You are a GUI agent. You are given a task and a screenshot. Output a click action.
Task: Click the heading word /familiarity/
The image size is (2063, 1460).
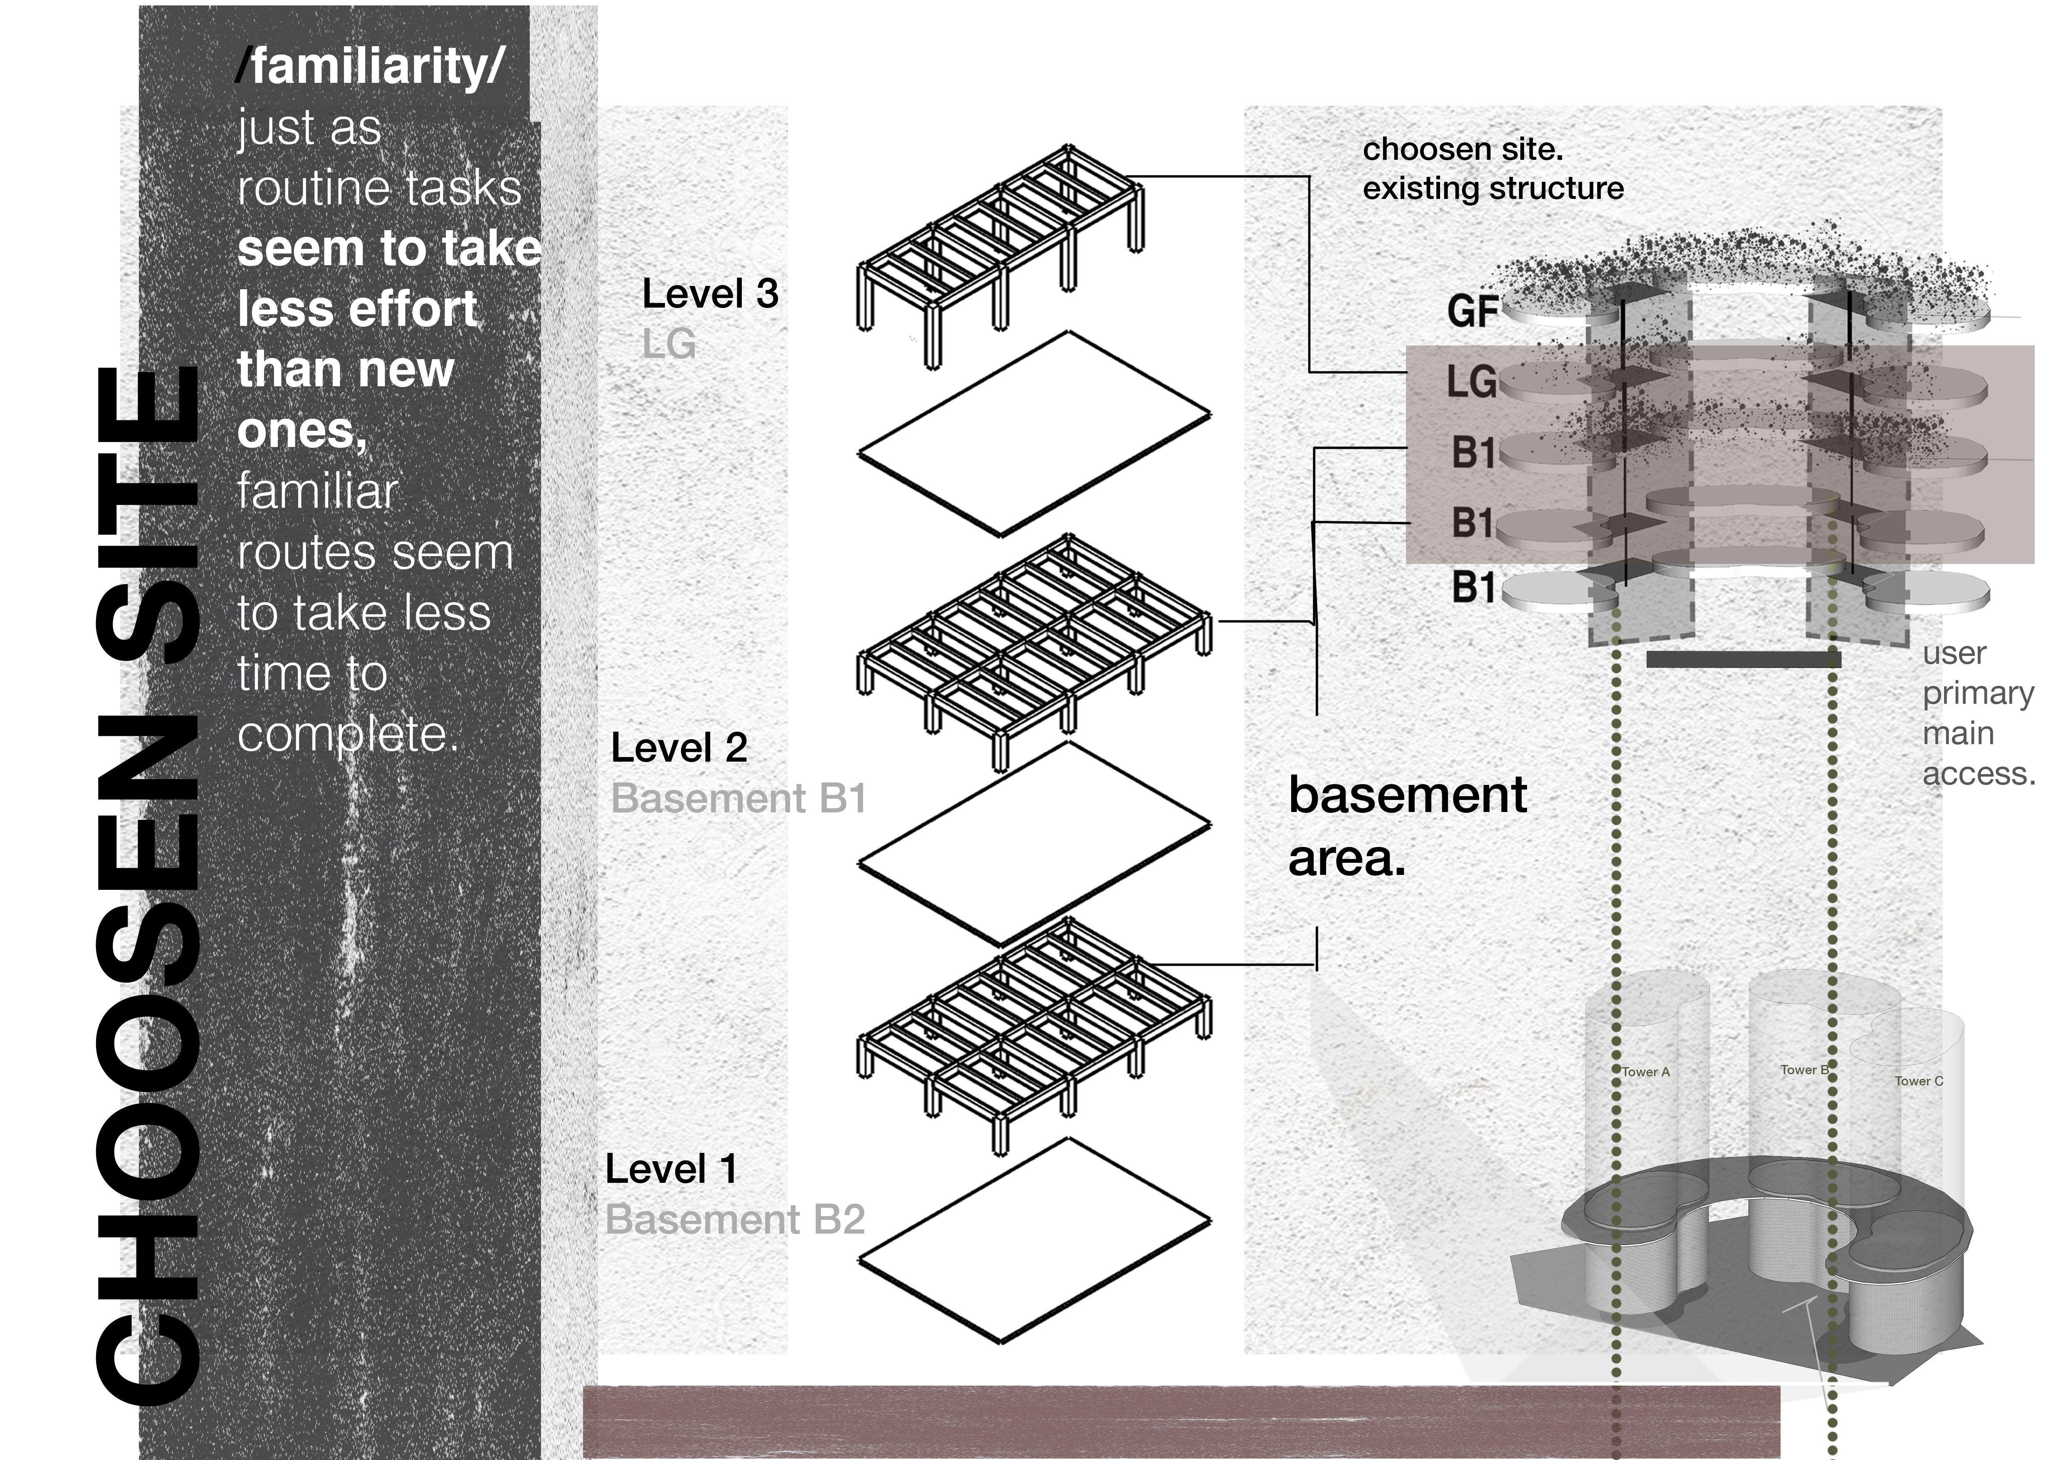(370, 67)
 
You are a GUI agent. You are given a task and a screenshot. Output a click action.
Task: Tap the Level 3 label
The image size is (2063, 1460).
(710, 294)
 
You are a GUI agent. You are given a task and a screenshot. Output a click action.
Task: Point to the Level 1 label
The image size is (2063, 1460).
(671, 1169)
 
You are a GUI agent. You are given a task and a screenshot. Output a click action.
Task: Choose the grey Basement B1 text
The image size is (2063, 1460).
(739, 798)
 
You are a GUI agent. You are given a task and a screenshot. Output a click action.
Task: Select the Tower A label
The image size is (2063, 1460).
(1645, 1072)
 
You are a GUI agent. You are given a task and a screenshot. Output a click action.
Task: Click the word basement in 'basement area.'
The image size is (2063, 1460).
(1407, 795)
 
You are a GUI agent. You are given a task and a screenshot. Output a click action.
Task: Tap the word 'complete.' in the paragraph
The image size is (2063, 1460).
(348, 735)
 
